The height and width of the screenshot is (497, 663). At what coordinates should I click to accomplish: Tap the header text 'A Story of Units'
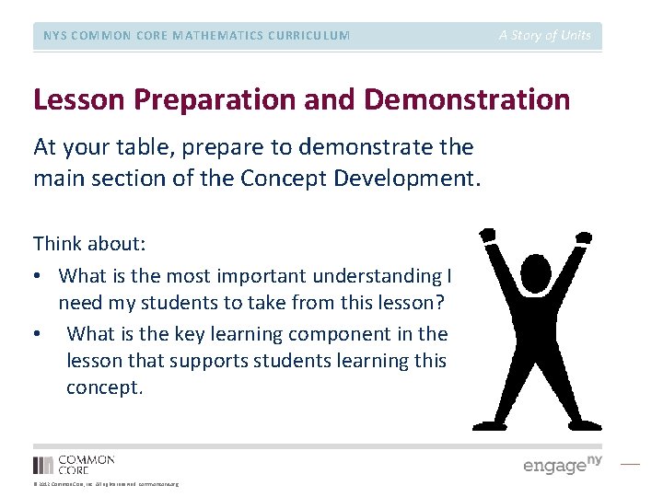click(x=545, y=35)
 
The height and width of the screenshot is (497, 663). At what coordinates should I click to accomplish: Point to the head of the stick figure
click(x=536, y=273)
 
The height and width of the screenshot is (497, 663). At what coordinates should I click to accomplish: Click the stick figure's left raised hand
click(x=487, y=237)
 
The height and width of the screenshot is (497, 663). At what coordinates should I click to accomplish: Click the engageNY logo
click(x=562, y=465)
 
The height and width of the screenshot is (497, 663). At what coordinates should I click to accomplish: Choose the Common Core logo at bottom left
click(x=74, y=464)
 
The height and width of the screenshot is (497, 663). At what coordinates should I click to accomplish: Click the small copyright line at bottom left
click(x=105, y=484)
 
